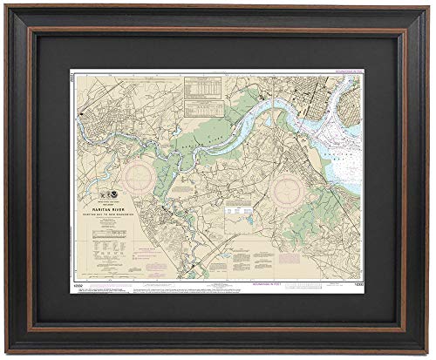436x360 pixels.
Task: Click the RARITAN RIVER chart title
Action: pos(133,197)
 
